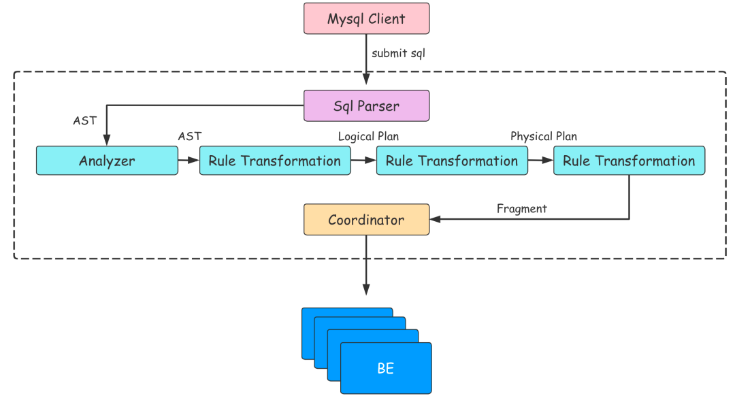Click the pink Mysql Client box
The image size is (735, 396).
point(366,18)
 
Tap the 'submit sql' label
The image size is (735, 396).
point(398,53)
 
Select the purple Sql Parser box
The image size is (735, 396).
point(366,105)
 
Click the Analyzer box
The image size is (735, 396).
point(107,161)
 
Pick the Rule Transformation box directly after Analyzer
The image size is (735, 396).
point(274,161)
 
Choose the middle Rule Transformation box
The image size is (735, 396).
point(451,161)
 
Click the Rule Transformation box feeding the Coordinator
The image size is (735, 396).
point(629,161)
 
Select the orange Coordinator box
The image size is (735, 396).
point(366,220)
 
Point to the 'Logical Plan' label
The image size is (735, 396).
point(368,137)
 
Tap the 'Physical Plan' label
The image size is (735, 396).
point(543,137)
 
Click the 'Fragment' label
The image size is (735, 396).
point(521,209)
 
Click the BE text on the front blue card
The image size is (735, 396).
point(385,369)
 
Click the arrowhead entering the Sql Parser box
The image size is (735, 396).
point(366,84)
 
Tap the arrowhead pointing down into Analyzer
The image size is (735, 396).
point(107,141)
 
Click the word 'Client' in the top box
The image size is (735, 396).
point(386,18)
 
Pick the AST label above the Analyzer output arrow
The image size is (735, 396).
point(189,137)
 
